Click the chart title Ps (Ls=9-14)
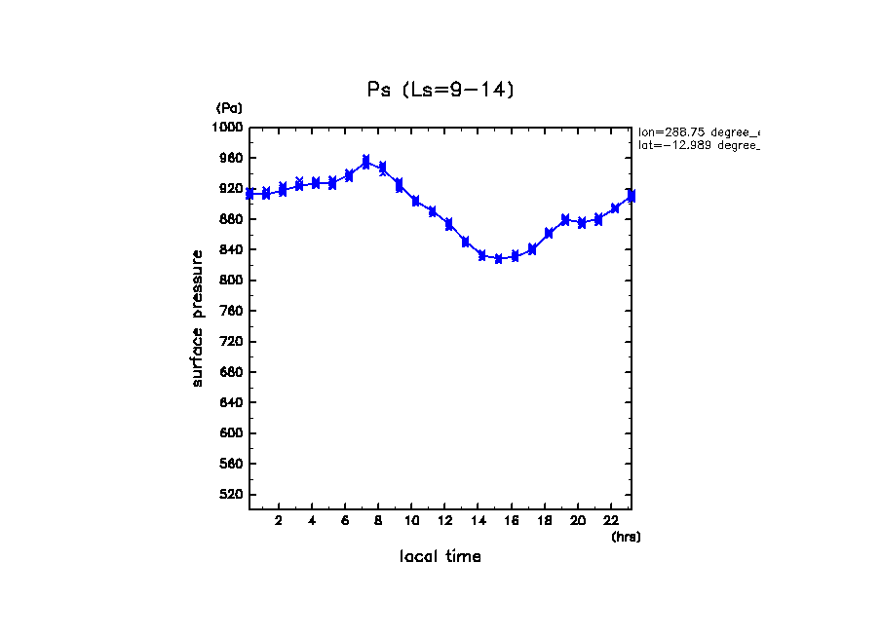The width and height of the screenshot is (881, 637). (x=440, y=90)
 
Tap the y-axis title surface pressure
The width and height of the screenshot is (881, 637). (x=198, y=318)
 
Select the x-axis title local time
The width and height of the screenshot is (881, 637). (x=440, y=557)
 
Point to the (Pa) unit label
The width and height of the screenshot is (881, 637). (x=229, y=108)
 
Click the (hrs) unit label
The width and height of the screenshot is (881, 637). (x=626, y=537)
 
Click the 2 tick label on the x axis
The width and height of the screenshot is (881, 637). (x=279, y=521)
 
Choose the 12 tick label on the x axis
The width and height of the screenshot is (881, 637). (x=445, y=521)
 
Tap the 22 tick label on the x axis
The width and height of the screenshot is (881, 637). (x=611, y=521)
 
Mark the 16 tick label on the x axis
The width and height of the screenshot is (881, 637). (x=512, y=521)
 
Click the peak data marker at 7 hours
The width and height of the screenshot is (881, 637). (x=365, y=162)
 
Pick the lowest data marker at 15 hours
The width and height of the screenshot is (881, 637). (x=498, y=258)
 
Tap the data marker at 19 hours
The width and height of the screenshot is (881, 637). (x=565, y=220)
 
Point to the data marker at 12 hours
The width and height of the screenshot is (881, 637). (x=448, y=224)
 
